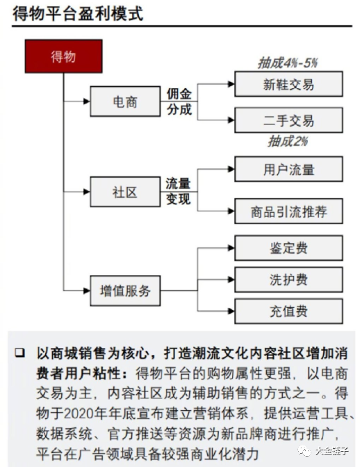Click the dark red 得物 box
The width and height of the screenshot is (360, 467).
tap(63, 56)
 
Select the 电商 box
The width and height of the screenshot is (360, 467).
tap(125, 101)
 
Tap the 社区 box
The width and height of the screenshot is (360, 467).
tap(125, 192)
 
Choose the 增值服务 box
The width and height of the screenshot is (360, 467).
tap(125, 290)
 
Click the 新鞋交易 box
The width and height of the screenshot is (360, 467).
tap(288, 84)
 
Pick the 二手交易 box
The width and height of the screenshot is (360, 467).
tap(288, 120)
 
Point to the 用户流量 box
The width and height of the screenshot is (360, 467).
tap(288, 169)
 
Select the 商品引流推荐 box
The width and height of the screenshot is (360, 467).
tap(288, 211)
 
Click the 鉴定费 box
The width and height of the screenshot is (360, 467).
tap(288, 248)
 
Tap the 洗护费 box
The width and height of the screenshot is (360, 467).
tap(288, 279)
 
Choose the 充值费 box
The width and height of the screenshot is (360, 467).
tap(288, 311)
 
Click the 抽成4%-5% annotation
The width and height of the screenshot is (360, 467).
tap(288, 63)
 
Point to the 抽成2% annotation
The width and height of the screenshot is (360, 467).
tap(288, 141)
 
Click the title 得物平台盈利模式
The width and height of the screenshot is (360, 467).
tap(78, 14)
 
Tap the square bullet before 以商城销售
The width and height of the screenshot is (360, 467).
tap(20, 353)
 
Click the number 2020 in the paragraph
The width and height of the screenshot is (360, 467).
tap(79, 413)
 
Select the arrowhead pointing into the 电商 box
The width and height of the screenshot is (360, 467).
tap(87, 101)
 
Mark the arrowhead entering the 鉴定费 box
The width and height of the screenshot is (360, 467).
tap(231, 248)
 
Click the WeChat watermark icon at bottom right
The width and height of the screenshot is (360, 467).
tap(304, 451)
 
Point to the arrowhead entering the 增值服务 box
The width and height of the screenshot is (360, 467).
tap(87, 290)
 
